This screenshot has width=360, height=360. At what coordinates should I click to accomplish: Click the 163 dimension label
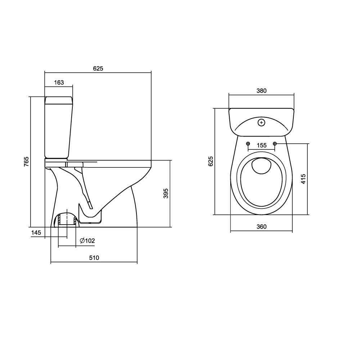(59, 82)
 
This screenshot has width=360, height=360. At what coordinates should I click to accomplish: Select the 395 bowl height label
(166, 193)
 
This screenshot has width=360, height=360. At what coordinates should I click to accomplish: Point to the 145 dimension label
(36, 233)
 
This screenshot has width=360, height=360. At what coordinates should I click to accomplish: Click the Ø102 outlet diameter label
(87, 240)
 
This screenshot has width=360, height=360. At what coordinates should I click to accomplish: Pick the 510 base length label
(94, 258)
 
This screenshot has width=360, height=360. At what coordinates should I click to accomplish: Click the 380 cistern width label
(261, 91)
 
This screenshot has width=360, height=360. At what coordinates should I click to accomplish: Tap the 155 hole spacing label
(261, 145)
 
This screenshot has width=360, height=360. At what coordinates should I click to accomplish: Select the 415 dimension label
(303, 179)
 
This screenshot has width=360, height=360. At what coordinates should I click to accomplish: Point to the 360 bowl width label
(261, 226)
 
